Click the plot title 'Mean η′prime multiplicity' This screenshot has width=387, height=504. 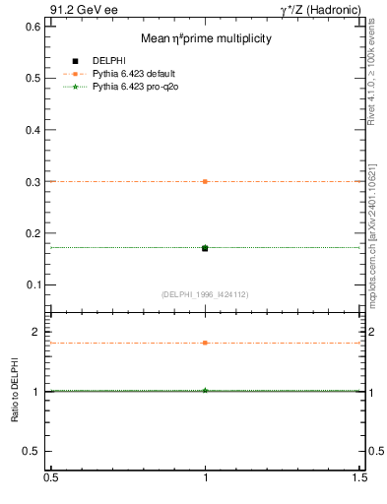coord(207,38)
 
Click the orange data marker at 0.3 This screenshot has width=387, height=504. coord(205,181)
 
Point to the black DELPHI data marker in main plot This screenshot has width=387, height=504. coord(205,248)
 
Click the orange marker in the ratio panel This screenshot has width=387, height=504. coord(205,343)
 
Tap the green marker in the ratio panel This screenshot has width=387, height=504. coord(205,391)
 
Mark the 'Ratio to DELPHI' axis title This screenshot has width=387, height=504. coord(16,392)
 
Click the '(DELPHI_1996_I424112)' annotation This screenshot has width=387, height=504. coord(205,294)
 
